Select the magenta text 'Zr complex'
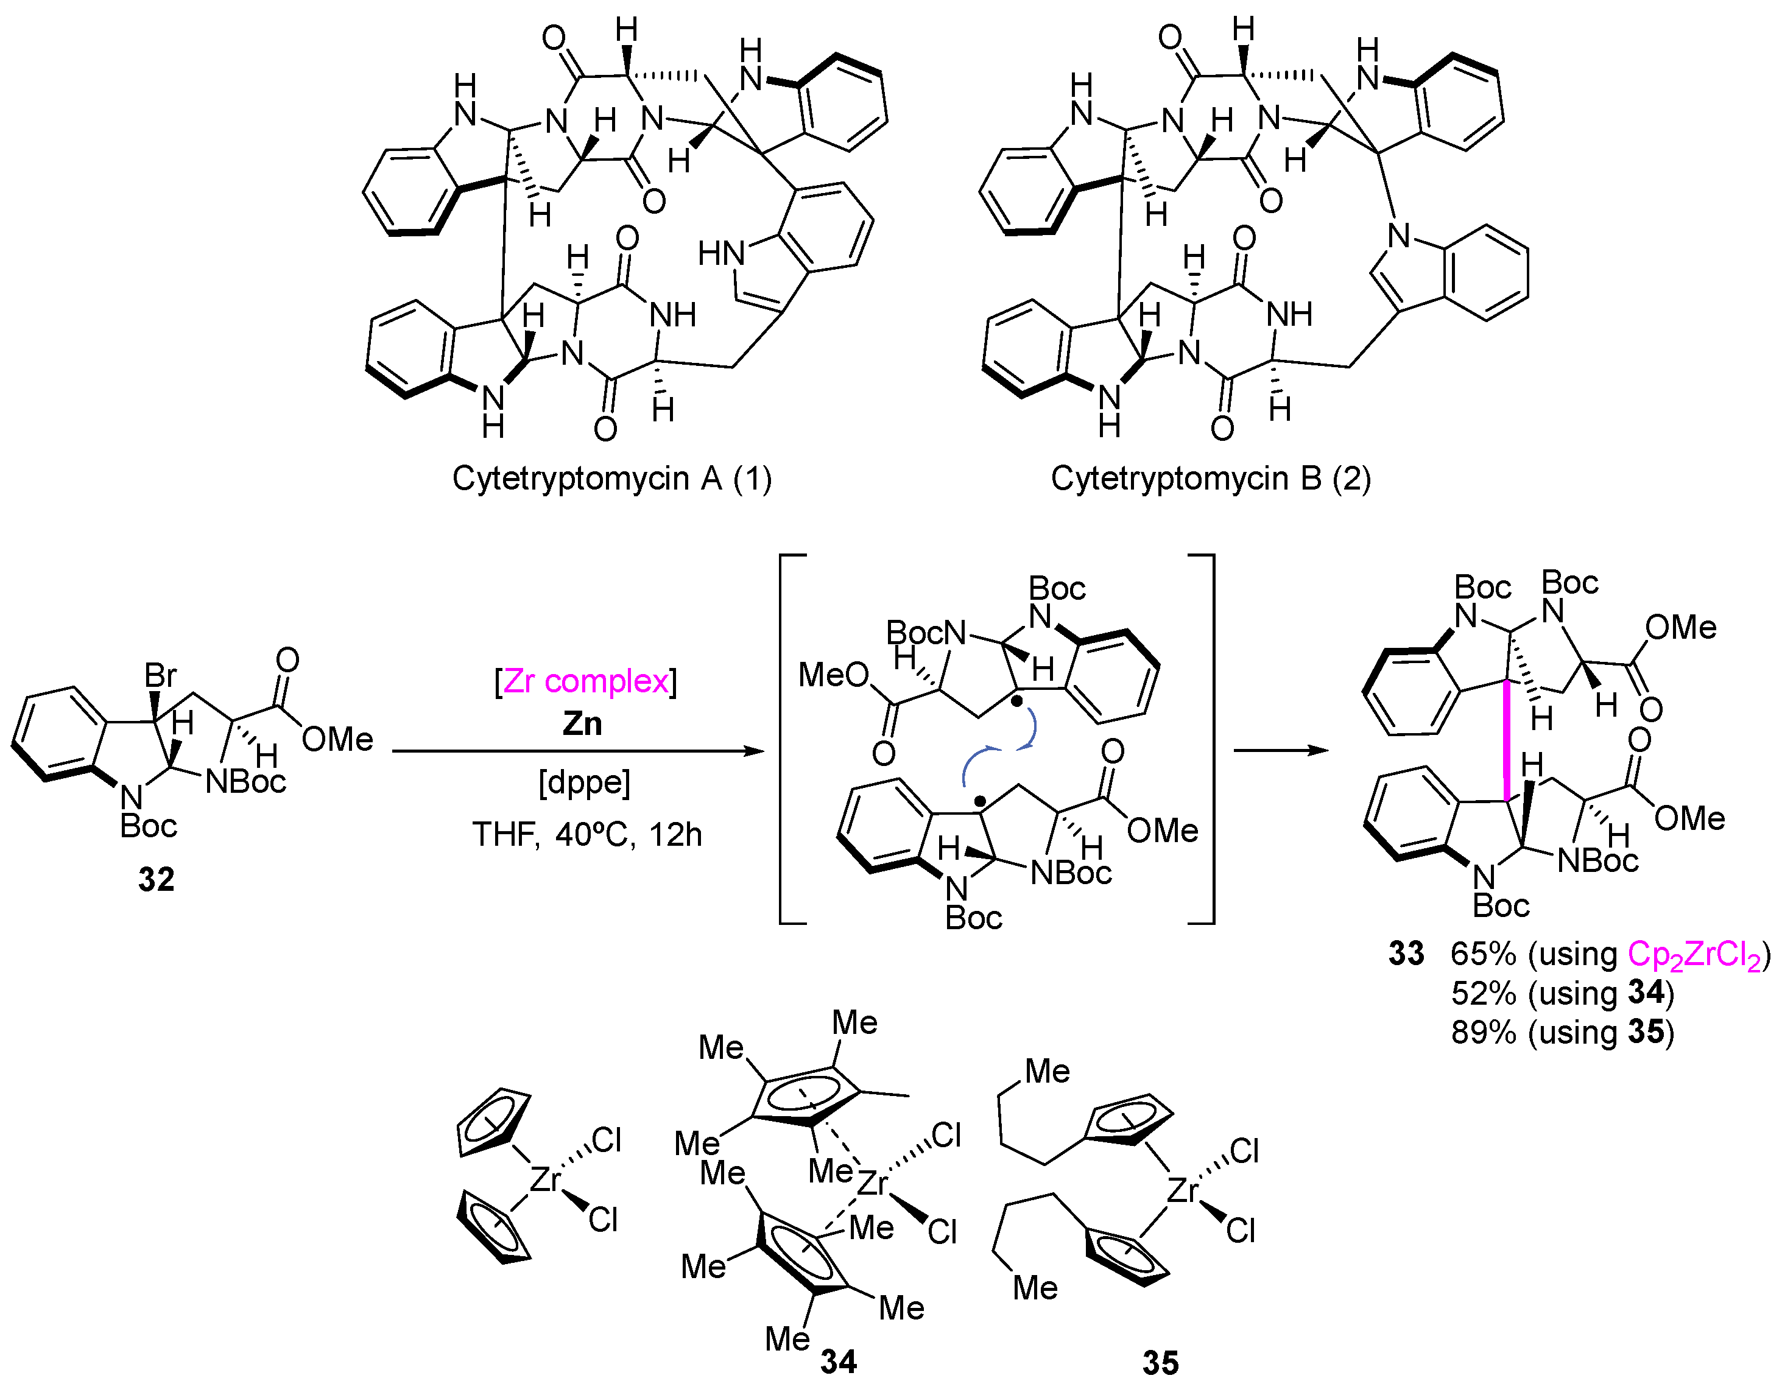585,681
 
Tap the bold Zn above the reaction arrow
582,723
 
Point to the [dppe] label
584,782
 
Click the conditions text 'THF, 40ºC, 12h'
586,835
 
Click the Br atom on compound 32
160,675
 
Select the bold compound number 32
156,880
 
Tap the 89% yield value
1483,1032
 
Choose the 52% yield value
1483,993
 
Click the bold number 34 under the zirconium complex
839,1362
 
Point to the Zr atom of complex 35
1182,1191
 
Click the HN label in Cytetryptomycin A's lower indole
721,254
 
